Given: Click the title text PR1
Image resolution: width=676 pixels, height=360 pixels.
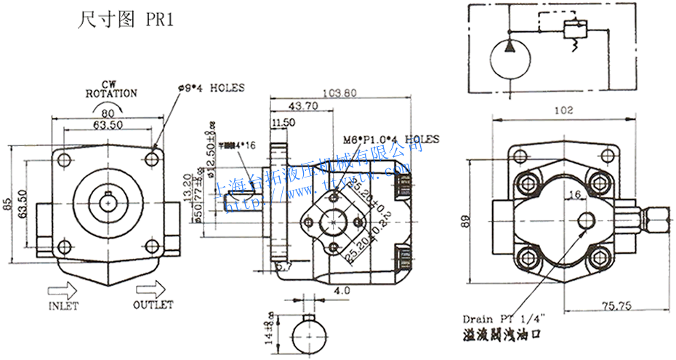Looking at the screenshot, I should [x=159, y=20].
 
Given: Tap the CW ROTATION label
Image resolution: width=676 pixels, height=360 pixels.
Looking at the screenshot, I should [x=110, y=89].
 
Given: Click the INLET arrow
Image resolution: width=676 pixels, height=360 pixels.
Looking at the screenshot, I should [x=63, y=289].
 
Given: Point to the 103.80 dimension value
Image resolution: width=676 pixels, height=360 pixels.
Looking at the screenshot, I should [x=339, y=92].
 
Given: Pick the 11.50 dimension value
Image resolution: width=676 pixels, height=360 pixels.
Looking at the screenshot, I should [x=282, y=124].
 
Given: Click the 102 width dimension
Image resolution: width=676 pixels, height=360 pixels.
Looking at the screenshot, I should [x=563, y=111].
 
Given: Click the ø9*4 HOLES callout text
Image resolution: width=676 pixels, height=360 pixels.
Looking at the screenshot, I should [x=211, y=88].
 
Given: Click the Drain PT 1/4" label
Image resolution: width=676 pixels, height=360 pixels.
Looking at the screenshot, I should [x=503, y=319].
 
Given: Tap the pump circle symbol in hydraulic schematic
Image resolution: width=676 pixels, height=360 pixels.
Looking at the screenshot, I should [x=507, y=58].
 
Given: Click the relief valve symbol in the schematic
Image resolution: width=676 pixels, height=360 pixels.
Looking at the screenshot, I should [x=574, y=31].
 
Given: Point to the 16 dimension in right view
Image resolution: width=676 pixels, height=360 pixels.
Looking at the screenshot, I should [x=574, y=194].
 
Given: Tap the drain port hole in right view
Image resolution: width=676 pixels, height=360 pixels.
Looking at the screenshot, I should [x=587, y=220].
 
